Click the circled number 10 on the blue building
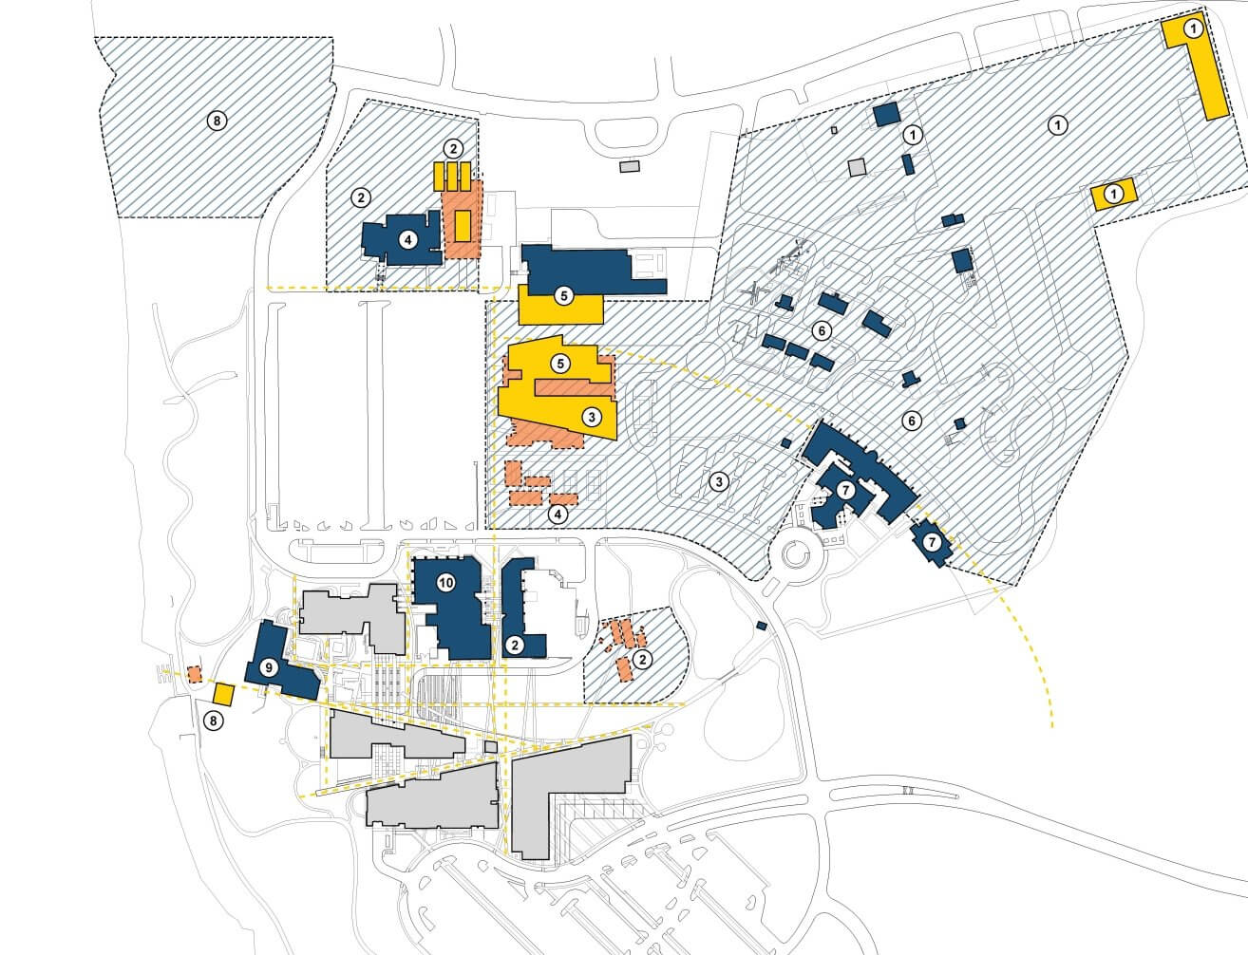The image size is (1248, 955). pos(445,583)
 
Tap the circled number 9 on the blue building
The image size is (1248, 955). pos(269,667)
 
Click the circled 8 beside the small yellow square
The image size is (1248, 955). pos(214,721)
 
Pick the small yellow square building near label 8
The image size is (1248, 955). pos(224,694)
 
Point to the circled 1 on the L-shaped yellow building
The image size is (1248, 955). pos(1194,29)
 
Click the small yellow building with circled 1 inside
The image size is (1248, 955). pos(1115,194)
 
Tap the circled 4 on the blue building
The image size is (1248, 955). pos(407,239)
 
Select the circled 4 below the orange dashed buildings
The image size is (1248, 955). pos(558,514)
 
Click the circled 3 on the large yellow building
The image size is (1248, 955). pos(590,416)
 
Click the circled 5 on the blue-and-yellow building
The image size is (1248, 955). pos(563,295)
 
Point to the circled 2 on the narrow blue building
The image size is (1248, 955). pos(514,645)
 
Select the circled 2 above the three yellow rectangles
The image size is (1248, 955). pos(454,148)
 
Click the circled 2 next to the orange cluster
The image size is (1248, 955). pos(643,659)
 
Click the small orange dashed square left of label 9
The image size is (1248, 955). pos(194,674)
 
